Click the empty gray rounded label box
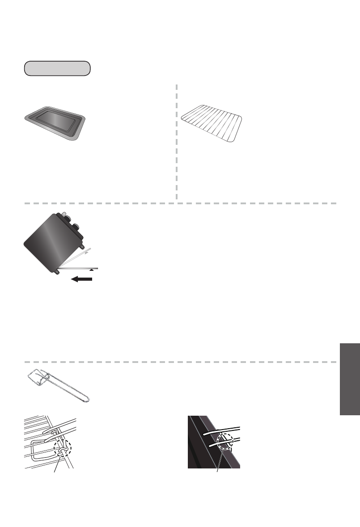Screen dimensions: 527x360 tap(57, 68)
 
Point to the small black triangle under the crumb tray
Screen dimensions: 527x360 tap(92, 270)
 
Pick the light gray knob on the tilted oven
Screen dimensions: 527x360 tap(64, 215)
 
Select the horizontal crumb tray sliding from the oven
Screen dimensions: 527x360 tap(80, 268)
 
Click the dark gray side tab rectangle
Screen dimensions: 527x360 tap(349, 379)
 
